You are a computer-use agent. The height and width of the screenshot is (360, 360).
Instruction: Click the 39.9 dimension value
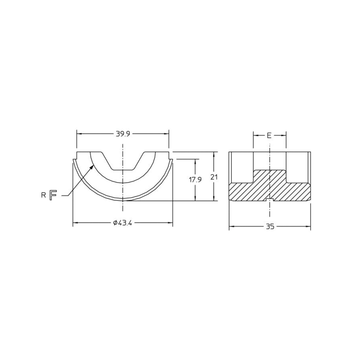[x=123, y=134]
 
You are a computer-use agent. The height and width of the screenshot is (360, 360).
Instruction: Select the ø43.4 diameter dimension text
[x=123, y=223]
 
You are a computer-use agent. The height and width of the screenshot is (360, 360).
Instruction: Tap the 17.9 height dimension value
[x=195, y=180]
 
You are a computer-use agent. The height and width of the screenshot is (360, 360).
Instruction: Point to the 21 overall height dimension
[x=215, y=177]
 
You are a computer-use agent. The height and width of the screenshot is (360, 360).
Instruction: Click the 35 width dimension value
[x=270, y=226]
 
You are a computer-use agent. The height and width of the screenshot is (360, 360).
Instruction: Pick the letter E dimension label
[x=269, y=135]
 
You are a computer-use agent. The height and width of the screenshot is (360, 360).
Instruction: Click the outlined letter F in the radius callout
[x=53, y=195]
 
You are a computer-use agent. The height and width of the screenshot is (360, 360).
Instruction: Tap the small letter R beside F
[x=43, y=195]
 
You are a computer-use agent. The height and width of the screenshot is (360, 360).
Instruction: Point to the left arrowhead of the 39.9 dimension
[x=79, y=134]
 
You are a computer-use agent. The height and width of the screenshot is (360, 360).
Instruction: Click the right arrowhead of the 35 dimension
[x=309, y=226]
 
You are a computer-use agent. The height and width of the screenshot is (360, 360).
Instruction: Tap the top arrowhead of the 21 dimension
[x=215, y=154]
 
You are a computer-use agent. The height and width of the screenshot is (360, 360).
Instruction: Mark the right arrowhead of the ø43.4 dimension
[x=171, y=223]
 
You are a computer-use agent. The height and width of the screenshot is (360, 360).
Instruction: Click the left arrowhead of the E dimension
[x=255, y=135]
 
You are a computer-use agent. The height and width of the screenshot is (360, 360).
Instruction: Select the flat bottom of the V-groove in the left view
[x=123, y=170]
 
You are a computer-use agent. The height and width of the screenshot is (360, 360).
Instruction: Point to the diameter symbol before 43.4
[x=114, y=223]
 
